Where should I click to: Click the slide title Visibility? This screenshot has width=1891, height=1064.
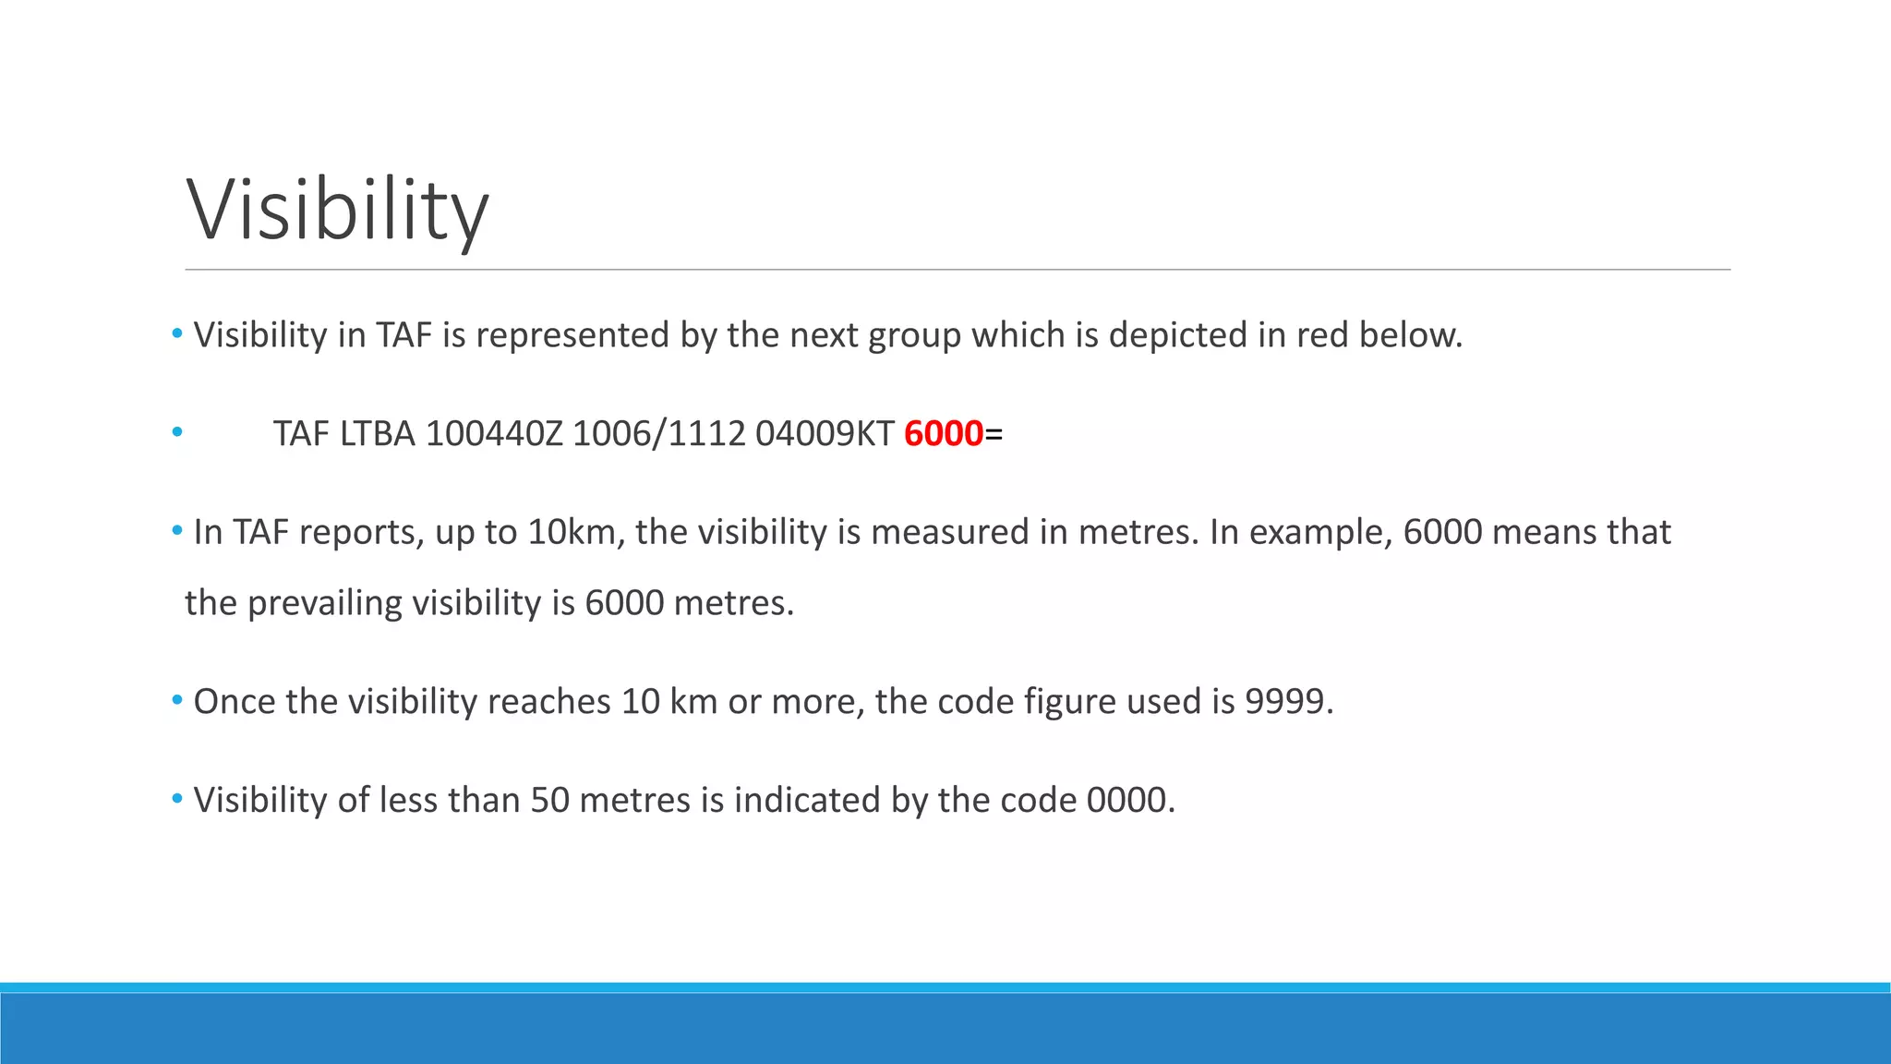pyautogui.click(x=337, y=211)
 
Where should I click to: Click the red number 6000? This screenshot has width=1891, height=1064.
pyautogui.click(x=943, y=433)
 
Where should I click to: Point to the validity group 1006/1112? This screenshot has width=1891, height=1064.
pyautogui.click(x=658, y=433)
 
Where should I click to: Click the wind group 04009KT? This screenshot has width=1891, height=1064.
pyautogui.click(x=825, y=433)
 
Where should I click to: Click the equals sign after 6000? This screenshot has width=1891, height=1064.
pyautogui.click(x=994, y=433)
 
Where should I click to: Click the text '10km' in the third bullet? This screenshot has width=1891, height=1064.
pyautogui.click(x=567, y=532)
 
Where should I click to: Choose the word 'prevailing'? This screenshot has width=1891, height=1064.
pyautogui.click(x=324, y=603)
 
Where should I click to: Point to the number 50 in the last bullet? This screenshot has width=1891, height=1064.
pyautogui.click(x=549, y=800)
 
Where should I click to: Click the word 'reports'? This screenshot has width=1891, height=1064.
pyautogui.click(x=361, y=532)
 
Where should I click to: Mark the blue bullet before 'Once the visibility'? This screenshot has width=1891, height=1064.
pyautogui.click(x=177, y=701)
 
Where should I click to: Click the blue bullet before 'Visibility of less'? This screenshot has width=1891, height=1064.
pyautogui.click(x=177, y=799)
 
